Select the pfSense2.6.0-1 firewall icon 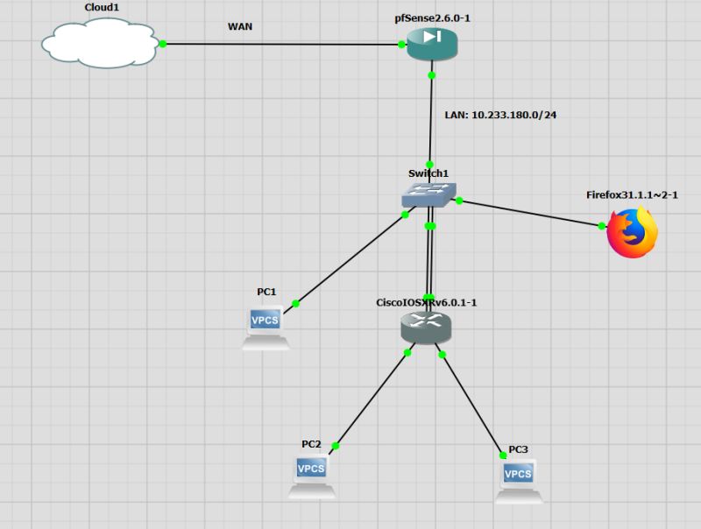click(x=432, y=43)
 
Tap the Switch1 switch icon click(x=429, y=194)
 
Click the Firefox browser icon click(x=633, y=233)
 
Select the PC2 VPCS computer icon click(x=311, y=476)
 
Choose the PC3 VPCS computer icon click(x=518, y=481)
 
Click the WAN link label click(x=240, y=26)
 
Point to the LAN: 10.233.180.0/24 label click(x=501, y=115)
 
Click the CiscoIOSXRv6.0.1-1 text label click(x=426, y=302)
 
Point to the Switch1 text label click(x=428, y=173)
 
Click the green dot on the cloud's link click(x=162, y=43)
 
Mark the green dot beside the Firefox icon click(x=601, y=226)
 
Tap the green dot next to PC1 click(x=295, y=303)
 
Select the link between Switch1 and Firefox click(x=530, y=214)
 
